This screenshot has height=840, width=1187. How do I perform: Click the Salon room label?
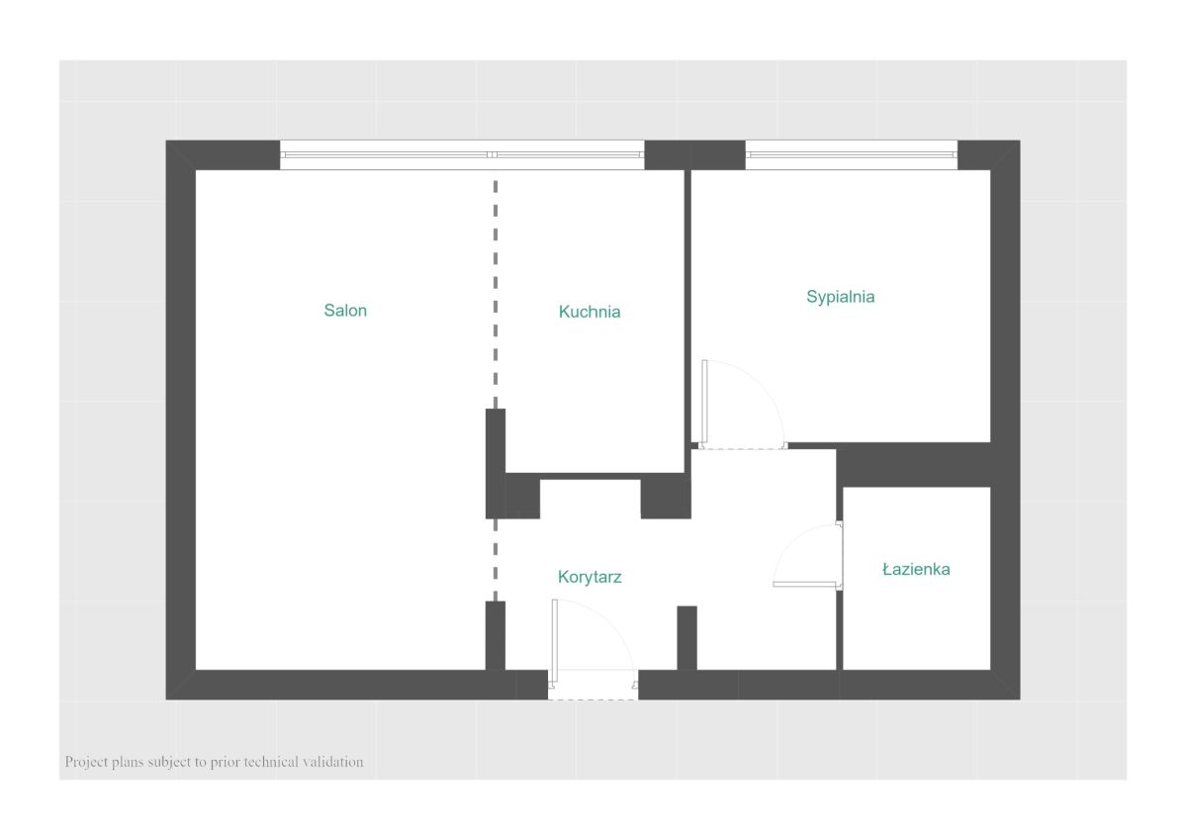345,310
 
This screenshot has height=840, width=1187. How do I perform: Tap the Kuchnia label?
590,311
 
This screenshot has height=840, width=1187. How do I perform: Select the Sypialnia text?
841,297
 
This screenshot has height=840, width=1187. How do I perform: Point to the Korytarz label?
590,577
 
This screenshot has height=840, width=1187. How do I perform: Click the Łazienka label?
916,569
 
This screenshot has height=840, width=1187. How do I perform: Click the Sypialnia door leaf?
704,402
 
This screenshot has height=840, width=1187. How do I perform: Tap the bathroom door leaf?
804,584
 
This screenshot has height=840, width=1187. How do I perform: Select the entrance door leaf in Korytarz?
554,641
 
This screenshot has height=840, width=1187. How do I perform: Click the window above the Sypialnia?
852,154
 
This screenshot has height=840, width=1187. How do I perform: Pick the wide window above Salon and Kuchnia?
462,154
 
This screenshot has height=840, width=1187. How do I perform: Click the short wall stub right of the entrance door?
687,638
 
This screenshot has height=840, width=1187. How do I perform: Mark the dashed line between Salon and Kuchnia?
496,295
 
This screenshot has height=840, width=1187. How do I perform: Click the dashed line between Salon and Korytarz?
496,560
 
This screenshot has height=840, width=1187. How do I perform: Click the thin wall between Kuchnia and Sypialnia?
687,307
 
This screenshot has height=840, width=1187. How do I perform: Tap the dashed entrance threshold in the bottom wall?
593,700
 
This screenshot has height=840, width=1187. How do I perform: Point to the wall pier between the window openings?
694,154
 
